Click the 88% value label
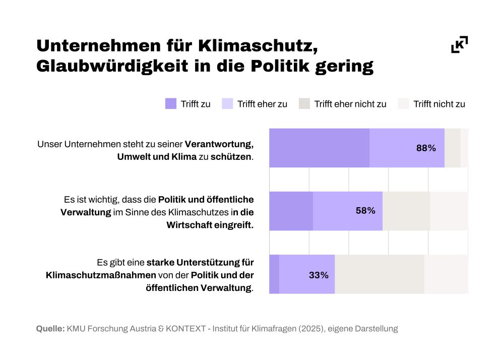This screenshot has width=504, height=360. click(426, 148)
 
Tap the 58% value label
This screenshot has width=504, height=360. click(365, 211)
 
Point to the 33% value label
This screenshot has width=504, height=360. click(319, 275)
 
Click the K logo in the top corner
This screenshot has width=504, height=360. click(459, 44)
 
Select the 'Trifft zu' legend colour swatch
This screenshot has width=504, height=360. click(171, 104)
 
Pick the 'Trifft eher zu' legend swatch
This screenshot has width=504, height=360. click(227, 104)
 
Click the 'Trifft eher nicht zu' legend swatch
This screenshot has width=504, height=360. click(304, 104)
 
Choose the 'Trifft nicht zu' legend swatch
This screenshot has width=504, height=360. click(403, 104)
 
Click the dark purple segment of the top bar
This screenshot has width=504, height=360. click(319, 148)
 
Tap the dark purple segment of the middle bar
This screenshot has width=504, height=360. click(291, 211)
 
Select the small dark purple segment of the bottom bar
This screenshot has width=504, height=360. click(274, 274)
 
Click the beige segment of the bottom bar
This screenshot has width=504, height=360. click(379, 274)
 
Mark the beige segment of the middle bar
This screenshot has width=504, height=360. click(406, 211)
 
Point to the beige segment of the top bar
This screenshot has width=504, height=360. click(452, 148)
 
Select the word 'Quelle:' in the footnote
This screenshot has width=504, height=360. click(50, 329)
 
